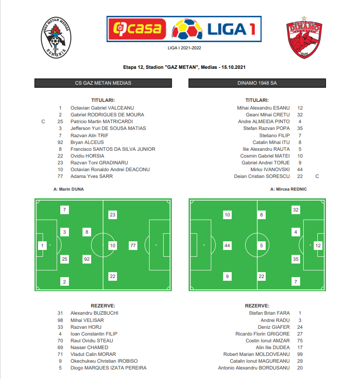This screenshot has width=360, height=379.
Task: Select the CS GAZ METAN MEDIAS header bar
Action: [x=103, y=83]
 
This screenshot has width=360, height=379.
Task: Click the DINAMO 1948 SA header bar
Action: [x=257, y=83]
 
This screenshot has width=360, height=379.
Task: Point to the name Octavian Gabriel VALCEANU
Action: [x=102, y=108]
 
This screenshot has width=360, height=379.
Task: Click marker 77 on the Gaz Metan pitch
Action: [x=133, y=245]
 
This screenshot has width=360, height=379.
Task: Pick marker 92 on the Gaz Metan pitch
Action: [x=87, y=259]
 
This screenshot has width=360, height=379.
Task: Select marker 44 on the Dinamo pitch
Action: [x=227, y=245]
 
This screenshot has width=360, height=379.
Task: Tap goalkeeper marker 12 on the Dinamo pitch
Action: [x=318, y=245]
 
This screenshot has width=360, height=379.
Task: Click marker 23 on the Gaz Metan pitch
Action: [x=113, y=215]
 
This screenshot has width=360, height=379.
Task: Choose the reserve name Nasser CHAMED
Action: [x=89, y=347]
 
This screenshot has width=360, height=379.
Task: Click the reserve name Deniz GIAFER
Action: [x=274, y=326]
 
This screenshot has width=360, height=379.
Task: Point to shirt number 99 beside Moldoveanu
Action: [x=300, y=354]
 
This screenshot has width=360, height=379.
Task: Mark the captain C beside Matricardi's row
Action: [x=43, y=121]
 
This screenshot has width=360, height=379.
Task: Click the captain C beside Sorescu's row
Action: [x=317, y=176]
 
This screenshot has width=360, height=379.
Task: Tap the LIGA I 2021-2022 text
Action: [x=184, y=47]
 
